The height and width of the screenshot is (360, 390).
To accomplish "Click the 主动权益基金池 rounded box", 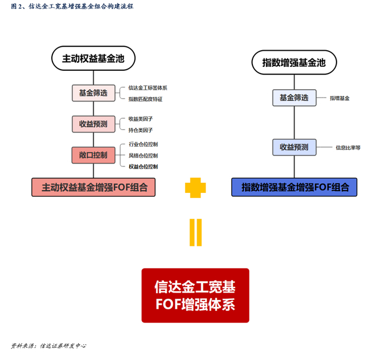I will pyautogui.click(x=94, y=58).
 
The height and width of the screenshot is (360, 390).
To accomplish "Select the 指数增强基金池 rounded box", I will pyautogui.click(x=294, y=62).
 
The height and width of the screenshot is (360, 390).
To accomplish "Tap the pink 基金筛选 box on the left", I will pyautogui.click(x=93, y=93).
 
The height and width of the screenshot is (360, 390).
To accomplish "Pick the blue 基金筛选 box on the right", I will pyautogui.click(x=294, y=98).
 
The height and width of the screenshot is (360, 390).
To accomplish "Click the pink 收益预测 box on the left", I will pyautogui.click(x=93, y=124).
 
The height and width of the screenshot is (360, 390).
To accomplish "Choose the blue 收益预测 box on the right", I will pyautogui.click(x=294, y=147).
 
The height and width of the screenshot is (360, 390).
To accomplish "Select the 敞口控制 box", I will pyautogui.click(x=93, y=155).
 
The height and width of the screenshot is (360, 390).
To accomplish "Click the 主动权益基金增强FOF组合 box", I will pyautogui.click(x=94, y=187).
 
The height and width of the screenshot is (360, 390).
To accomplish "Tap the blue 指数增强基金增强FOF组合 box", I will pyautogui.click(x=294, y=187).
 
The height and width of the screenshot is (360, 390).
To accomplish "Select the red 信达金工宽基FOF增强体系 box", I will pyautogui.click(x=195, y=296).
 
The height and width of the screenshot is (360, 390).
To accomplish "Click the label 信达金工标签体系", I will pyautogui.click(x=148, y=87).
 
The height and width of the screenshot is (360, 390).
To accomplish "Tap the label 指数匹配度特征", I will pyautogui.click(x=145, y=99).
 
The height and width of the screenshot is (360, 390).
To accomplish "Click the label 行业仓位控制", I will pyautogui.click(x=143, y=144).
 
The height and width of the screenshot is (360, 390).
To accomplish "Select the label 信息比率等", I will pyautogui.click(x=348, y=148).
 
